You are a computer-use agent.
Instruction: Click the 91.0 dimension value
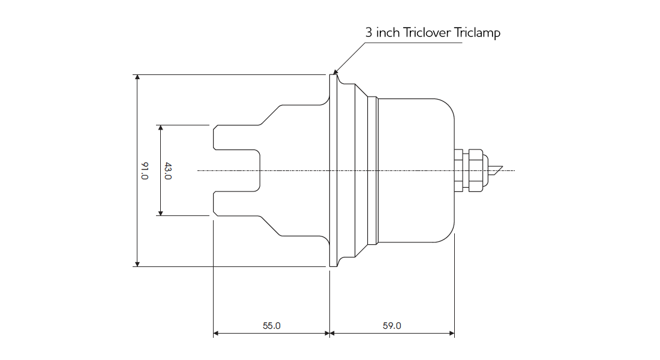(145, 171)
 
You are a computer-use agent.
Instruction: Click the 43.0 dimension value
(168, 171)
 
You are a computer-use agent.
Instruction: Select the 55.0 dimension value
(271, 326)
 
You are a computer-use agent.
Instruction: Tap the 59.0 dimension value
(392, 326)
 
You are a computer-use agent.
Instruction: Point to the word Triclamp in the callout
(478, 32)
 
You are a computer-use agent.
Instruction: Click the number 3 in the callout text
(369, 32)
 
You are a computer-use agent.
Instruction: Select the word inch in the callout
(388, 32)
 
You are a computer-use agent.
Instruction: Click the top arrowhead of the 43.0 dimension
(160, 128)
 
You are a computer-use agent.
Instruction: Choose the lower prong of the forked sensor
(237, 203)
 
